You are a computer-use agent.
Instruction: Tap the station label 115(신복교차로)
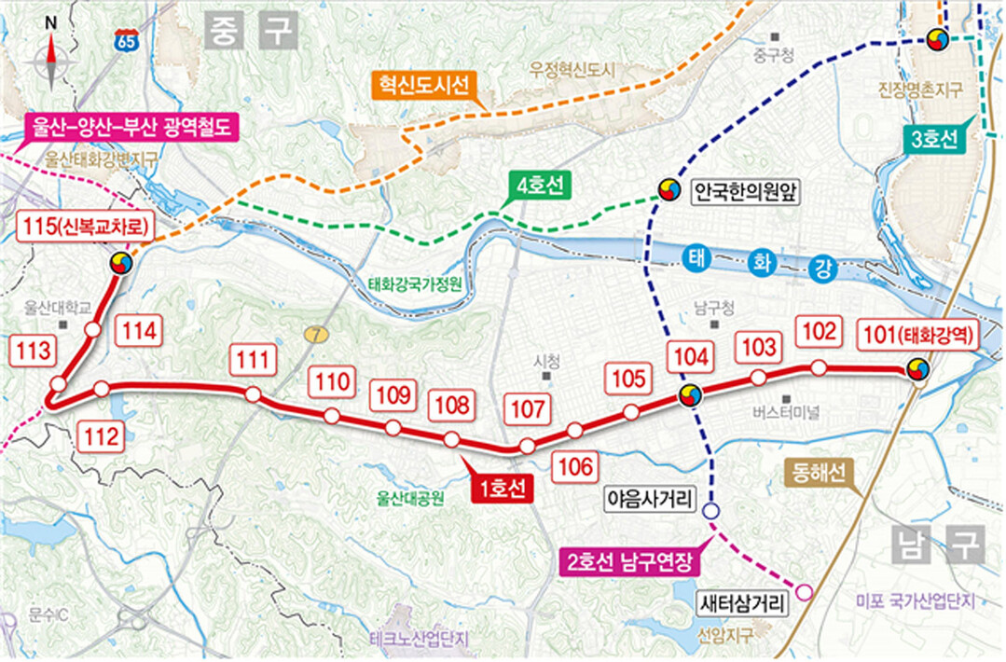coord(86,227)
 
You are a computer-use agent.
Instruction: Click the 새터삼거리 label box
coord(743,601)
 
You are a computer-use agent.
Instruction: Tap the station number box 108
coord(451,406)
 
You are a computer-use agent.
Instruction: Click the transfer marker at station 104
coord(690,395)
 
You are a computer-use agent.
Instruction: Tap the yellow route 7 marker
coord(311,334)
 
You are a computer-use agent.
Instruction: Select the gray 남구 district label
coord(937,544)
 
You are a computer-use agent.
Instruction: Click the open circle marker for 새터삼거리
coord(805,591)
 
